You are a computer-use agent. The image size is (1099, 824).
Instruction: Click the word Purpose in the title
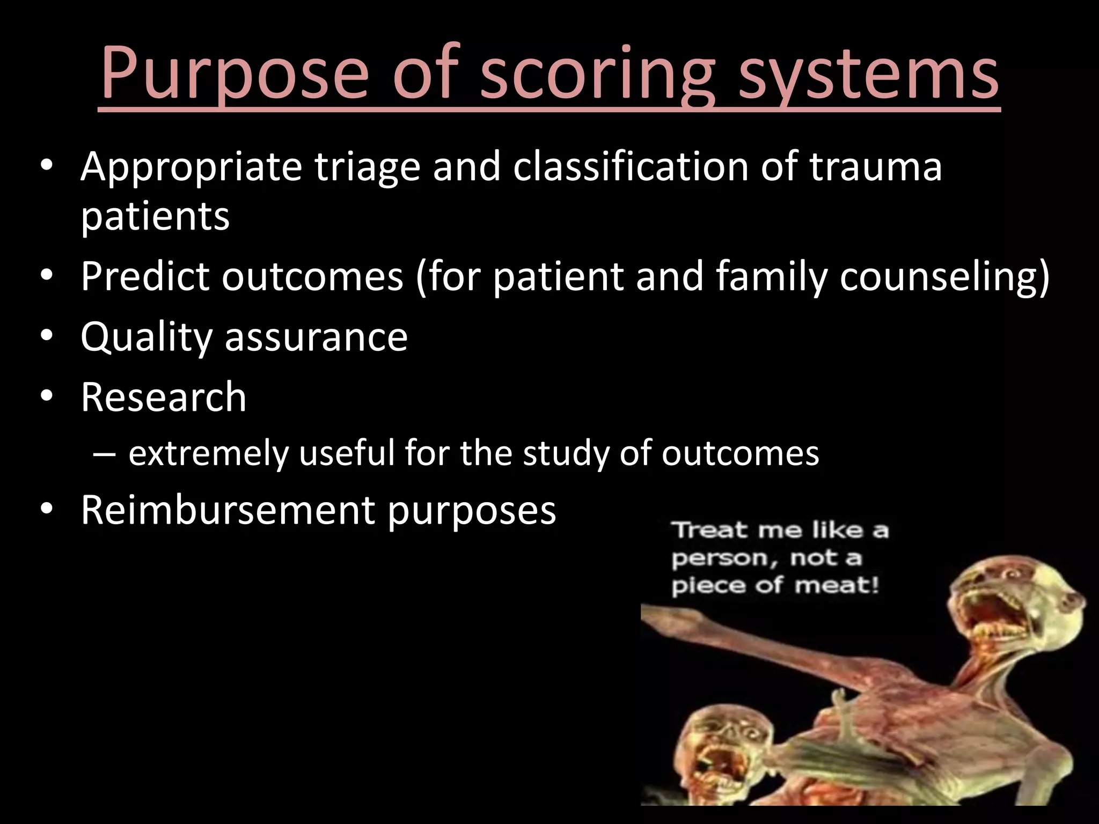click(x=235, y=72)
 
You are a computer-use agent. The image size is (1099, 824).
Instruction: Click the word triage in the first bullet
click(x=367, y=167)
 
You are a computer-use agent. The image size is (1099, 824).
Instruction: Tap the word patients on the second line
click(x=155, y=216)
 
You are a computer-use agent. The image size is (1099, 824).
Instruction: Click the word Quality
click(x=146, y=337)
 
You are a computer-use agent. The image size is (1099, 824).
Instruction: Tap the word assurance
click(x=316, y=337)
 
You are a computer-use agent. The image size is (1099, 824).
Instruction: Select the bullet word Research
click(x=163, y=397)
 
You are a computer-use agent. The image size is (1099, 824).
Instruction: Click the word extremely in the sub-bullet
click(x=208, y=453)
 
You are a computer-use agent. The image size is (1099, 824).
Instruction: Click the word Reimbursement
click(x=228, y=510)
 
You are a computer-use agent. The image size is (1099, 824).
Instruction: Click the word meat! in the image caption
click(x=837, y=585)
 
